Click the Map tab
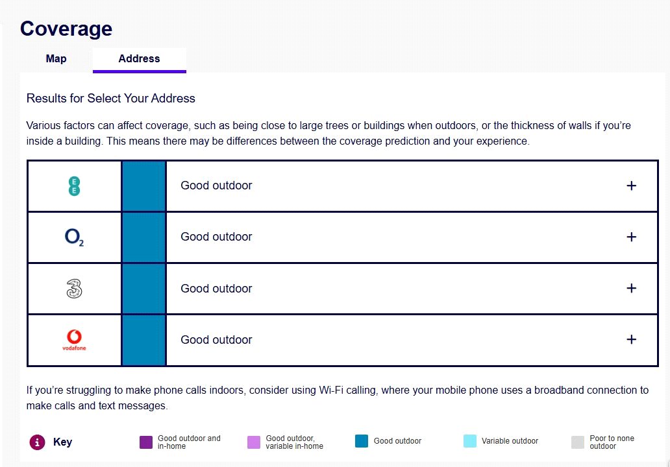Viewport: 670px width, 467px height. [x=56, y=58]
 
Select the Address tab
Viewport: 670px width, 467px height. [x=139, y=58]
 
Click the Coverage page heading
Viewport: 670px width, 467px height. [x=66, y=29]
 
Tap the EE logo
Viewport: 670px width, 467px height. [x=75, y=186]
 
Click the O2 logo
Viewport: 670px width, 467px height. [x=75, y=237]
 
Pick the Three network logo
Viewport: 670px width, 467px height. [x=75, y=289]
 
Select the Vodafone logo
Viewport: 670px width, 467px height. [x=74, y=340]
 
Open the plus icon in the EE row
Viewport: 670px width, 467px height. [x=631, y=186]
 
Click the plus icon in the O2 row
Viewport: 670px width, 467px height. [x=631, y=237]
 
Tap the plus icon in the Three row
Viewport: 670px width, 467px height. [x=631, y=289]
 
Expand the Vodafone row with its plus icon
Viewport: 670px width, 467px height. [x=631, y=340]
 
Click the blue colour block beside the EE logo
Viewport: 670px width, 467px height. [x=143, y=186]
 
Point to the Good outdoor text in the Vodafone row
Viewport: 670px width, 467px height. [x=216, y=340]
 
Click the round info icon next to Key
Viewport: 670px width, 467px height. [x=37, y=442]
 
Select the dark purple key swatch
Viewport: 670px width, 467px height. [x=146, y=442]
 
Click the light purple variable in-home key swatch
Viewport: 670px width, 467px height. [x=254, y=442]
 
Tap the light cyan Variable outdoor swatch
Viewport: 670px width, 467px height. [x=470, y=442]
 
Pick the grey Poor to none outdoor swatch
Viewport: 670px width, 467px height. [x=578, y=442]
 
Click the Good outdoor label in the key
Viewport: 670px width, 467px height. [x=397, y=441]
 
